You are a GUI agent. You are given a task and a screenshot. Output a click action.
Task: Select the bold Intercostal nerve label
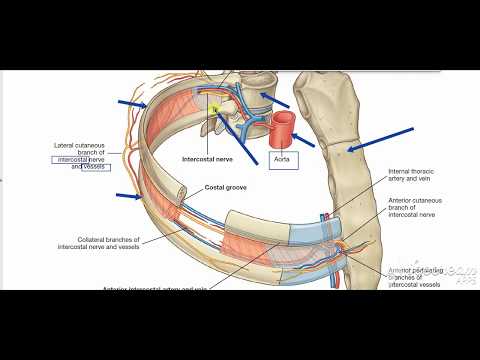(x=208, y=158)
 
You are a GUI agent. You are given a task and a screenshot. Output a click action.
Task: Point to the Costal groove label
(x=226, y=187)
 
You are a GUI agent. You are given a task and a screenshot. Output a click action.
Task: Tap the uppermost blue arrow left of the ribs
(x=132, y=102)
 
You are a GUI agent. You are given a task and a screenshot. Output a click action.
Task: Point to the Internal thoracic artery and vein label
(x=413, y=177)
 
